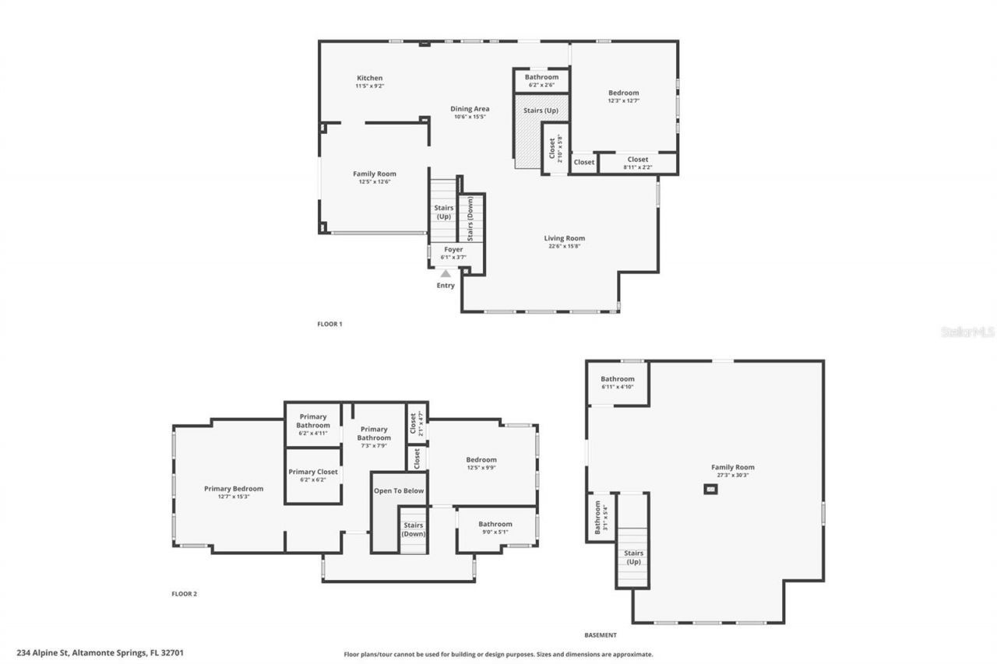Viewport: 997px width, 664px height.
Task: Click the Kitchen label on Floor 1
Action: tap(370, 78)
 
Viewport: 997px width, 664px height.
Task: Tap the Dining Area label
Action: tap(470, 109)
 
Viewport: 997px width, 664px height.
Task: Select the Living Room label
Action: tap(565, 239)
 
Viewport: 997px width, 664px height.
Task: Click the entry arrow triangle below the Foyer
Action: tap(446, 273)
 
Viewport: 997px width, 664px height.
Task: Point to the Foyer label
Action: tap(453, 250)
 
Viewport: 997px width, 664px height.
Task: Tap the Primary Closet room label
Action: tap(313, 473)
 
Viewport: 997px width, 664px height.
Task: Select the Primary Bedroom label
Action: tap(234, 489)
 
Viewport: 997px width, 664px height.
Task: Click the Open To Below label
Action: tap(399, 491)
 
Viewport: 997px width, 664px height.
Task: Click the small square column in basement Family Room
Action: tap(710, 489)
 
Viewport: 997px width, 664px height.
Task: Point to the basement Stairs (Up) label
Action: tap(633, 557)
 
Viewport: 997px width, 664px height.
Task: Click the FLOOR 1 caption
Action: tap(329, 324)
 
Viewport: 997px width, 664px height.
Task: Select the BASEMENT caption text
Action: tap(601, 635)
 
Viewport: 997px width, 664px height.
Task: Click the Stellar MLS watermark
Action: tap(967, 332)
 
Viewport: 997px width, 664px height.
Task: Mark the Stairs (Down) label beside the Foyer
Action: tap(470, 219)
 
